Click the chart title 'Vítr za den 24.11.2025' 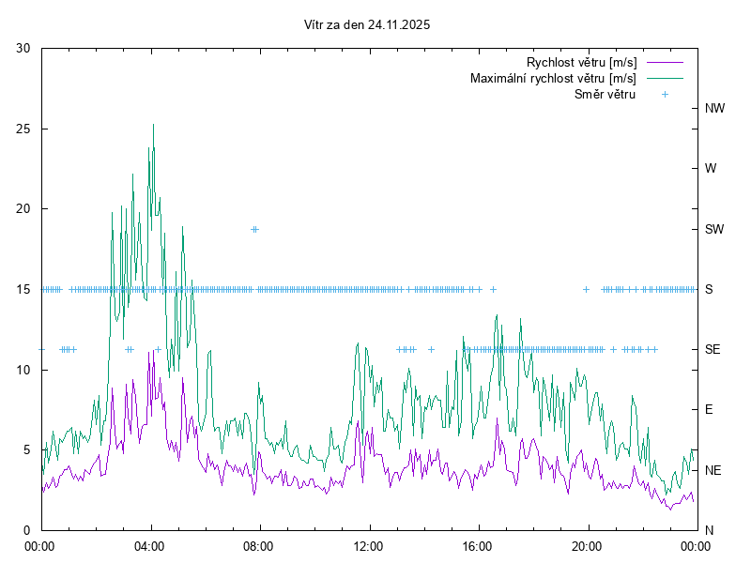(368, 25)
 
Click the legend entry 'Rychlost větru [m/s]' (581, 62)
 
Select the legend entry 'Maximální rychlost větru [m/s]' (553, 78)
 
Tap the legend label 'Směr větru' (605, 94)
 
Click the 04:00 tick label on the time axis (150, 545)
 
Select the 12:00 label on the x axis (368, 545)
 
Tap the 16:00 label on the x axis (478, 545)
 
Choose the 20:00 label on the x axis (587, 545)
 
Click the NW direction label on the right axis (715, 109)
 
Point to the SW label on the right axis (715, 229)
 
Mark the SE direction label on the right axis (713, 349)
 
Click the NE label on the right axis (713, 470)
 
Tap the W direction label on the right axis (711, 169)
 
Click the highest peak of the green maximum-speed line (153, 125)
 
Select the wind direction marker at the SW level (254, 229)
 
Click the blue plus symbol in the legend (664, 94)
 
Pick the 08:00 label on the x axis (259, 545)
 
